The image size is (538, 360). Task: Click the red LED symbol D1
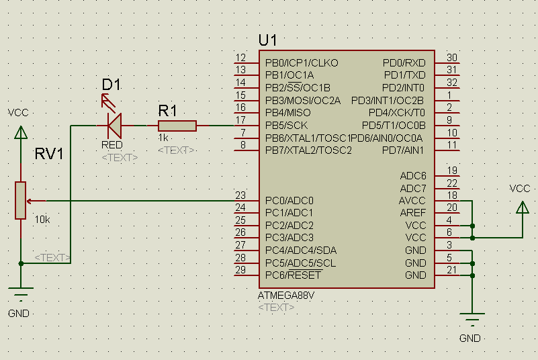click(115, 125)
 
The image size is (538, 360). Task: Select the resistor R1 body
click(177, 126)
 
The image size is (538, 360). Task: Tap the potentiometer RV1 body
click(21, 200)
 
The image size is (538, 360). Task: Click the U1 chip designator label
click(267, 40)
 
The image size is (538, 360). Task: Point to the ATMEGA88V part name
click(285, 295)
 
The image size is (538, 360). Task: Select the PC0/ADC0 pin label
click(289, 200)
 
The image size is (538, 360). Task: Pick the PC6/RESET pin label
click(293, 275)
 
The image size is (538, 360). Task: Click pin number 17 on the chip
click(240, 120)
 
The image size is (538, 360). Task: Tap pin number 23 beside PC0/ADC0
click(240, 195)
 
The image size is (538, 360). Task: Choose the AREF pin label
click(413, 212)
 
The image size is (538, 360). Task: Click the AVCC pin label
click(413, 200)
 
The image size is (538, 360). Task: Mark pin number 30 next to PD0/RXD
click(452, 58)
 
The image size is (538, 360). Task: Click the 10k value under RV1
click(42, 220)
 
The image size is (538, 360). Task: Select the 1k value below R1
click(163, 137)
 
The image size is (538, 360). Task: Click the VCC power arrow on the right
click(522, 208)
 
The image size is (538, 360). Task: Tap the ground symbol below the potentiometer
click(21, 294)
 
